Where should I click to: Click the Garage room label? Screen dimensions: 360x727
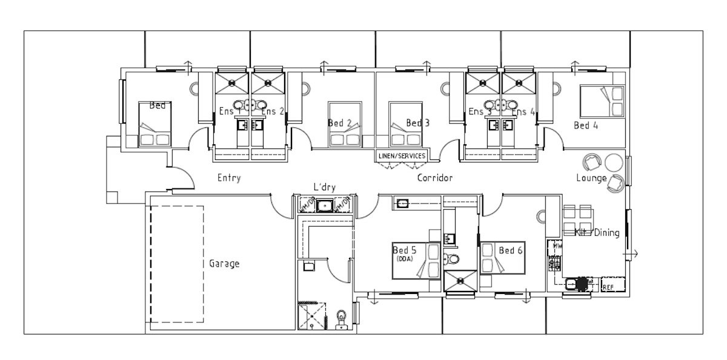224,264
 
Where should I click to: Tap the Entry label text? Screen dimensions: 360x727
229,178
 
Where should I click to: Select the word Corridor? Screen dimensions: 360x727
434,179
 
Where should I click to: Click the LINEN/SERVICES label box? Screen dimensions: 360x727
402,156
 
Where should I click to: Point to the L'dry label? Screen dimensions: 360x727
324,188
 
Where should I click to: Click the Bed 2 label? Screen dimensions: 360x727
340,123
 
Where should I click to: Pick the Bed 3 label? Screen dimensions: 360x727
417,123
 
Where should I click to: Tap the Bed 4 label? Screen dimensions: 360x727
586,126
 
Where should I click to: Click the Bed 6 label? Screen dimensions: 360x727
511,250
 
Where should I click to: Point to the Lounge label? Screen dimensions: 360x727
591,178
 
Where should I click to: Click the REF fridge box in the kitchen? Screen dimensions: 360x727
608,287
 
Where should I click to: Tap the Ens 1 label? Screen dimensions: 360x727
230,112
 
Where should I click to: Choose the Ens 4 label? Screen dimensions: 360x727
523,112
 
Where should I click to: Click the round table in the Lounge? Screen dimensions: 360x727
614,162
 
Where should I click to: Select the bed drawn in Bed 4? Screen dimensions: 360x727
602,101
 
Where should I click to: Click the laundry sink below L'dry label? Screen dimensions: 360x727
325,205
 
